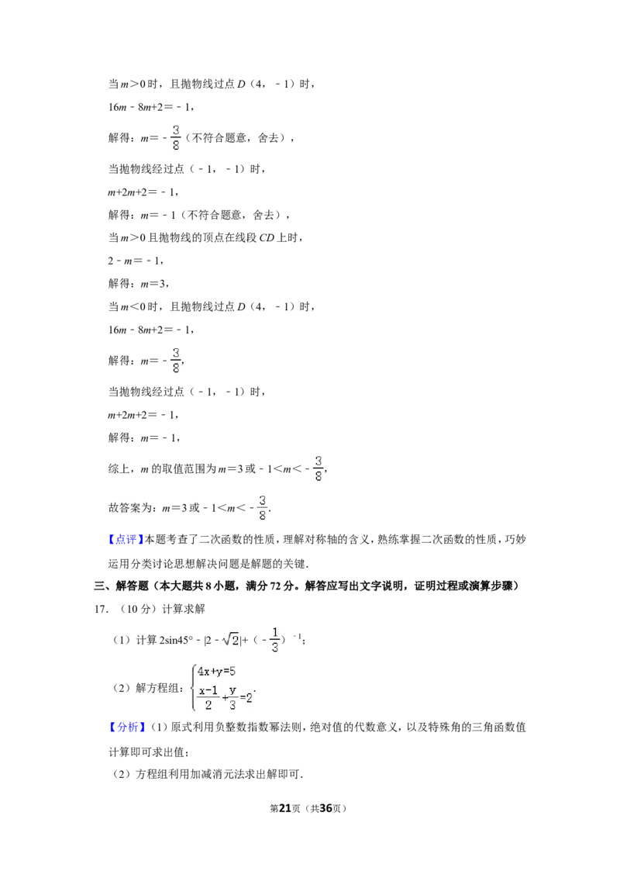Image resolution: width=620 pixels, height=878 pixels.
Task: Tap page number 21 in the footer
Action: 285,808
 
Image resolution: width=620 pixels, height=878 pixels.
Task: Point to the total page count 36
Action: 325,808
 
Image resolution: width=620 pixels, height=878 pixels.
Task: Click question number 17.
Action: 101,609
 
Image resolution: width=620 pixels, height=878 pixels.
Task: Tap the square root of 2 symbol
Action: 230,640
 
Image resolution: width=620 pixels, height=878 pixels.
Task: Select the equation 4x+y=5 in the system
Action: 216,672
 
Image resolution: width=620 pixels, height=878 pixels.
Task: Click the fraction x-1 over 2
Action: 208,698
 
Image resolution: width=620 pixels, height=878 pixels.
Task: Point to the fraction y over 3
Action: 232,698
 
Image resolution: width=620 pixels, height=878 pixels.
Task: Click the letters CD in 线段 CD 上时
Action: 267,238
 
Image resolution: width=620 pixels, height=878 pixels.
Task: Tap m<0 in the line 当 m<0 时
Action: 133,307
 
